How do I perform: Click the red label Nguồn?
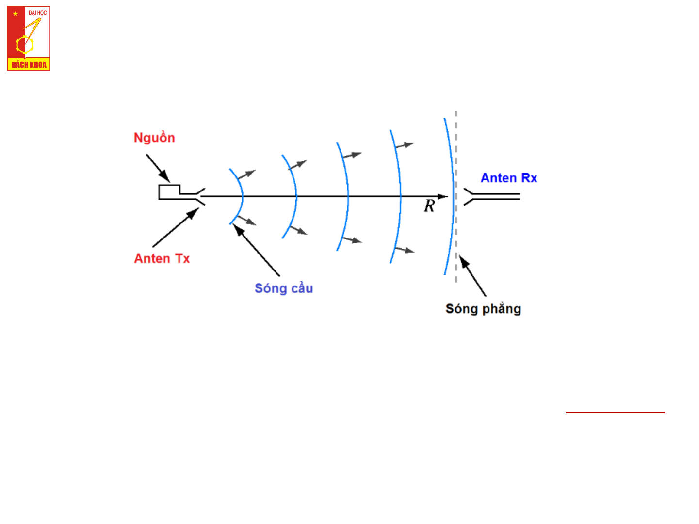coord(154,138)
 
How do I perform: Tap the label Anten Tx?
coord(162,258)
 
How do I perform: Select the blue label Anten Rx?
coord(508,178)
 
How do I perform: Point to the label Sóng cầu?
coord(284,288)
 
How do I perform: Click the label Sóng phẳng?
coord(483,309)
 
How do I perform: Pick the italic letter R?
coord(429,206)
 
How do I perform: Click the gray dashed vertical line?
coord(456,197)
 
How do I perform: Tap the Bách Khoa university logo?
coord(29,38)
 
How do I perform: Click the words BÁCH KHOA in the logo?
coord(29,65)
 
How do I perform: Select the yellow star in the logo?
coord(16,14)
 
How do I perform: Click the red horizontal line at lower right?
coord(615,412)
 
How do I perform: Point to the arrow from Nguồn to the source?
coord(158,168)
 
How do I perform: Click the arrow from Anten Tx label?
coord(176,227)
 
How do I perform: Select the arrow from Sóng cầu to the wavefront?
coord(256,250)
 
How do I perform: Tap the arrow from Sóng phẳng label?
coord(472,275)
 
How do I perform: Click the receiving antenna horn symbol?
coord(491,197)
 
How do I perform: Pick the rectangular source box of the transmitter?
coord(169,192)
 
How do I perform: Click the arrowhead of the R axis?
coord(443,197)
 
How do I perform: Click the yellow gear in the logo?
coord(25,45)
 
